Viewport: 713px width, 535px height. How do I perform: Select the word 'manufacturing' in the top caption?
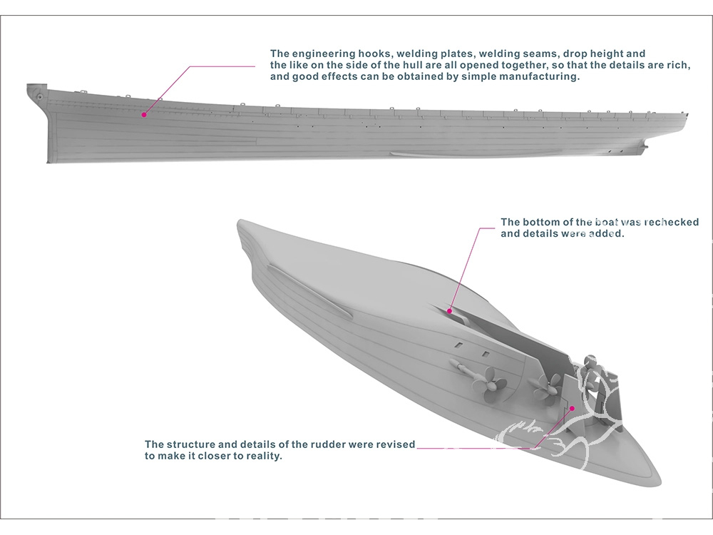coord(540,77)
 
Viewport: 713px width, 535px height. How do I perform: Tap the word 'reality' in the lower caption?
coord(260,456)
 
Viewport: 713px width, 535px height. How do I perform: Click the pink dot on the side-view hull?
coord(143,114)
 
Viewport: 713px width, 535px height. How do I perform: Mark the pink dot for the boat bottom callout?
coord(449,310)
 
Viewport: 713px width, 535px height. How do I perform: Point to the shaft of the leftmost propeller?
coord(463,368)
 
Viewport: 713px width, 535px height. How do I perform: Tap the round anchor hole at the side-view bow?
coord(40,94)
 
